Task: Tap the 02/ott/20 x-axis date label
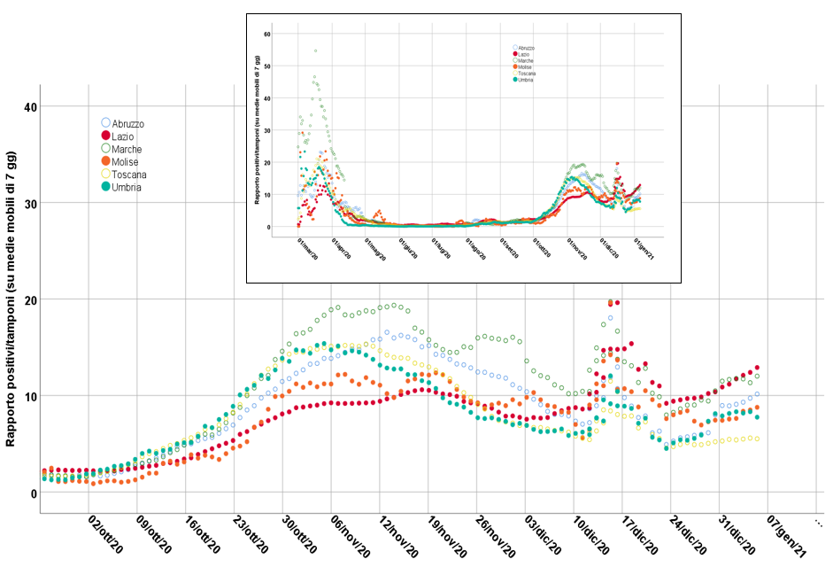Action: click(105, 535)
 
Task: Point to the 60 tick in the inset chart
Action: click(266, 34)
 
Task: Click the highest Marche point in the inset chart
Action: click(315, 50)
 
